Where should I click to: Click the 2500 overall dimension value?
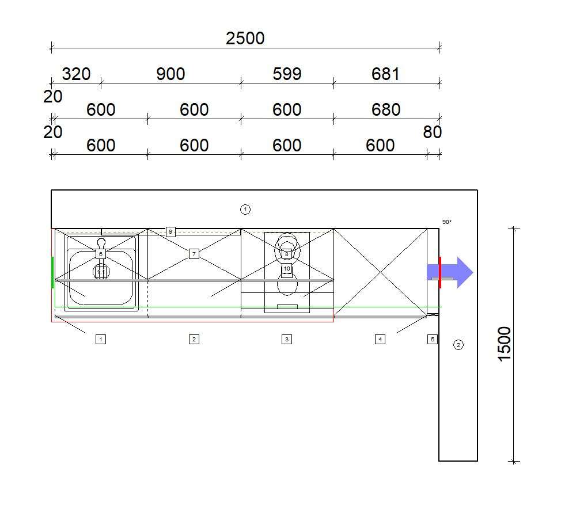tap(245, 38)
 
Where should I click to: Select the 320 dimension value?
tap(76, 74)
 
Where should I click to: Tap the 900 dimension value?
tap(170, 74)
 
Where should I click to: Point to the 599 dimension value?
tap(287, 74)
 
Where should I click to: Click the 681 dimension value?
tap(385, 74)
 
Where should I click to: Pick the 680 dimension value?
tap(386, 109)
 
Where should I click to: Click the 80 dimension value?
tap(432, 132)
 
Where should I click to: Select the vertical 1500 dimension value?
tap(505, 344)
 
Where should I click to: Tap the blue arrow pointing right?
tap(450, 272)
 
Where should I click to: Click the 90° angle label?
tap(447, 222)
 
